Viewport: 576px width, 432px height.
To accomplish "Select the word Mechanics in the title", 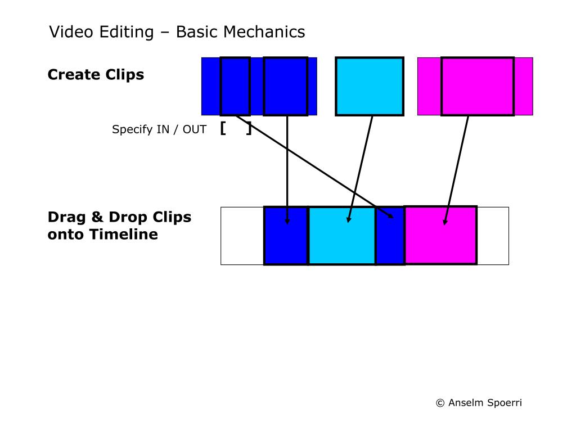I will (264, 32).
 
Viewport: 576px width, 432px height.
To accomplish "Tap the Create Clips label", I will (96, 75).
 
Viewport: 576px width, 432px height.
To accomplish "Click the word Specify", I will (132, 130).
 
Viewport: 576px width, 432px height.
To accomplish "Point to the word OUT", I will (195, 130).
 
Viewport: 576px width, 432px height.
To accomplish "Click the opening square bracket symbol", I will (223, 129).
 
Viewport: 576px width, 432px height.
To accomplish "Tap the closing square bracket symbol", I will (248, 129).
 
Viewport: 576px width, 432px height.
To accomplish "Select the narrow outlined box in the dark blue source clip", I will (235, 86).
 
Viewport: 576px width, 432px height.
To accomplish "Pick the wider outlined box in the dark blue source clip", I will (286, 86).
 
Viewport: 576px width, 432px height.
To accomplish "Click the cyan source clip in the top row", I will (370, 86).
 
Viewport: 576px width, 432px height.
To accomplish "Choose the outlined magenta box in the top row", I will (477, 86).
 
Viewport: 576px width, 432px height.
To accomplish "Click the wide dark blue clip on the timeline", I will (286, 242).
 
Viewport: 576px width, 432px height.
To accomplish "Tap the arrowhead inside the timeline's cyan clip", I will (349, 219).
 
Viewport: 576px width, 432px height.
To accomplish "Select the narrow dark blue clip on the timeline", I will (390, 242).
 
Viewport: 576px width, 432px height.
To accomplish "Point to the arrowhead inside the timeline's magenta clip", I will (445, 222).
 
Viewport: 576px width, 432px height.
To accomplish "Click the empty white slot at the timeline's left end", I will (242, 236).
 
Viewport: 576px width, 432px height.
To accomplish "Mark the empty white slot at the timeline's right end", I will (493, 236).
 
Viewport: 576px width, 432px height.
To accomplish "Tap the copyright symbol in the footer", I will (440, 403).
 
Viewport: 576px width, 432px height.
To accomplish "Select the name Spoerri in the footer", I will (502, 403).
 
